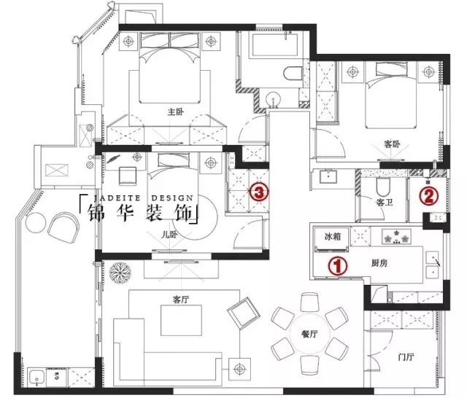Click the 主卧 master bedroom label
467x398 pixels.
coord(175,112)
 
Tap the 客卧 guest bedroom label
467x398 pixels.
coord(391,144)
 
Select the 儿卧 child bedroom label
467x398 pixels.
coord(169,235)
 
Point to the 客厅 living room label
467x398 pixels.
coord(180,300)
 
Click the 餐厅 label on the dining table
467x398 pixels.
coord(309,334)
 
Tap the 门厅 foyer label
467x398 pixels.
coord(406,356)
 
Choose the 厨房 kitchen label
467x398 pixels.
coord(379,263)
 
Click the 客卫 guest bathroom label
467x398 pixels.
coord(385,203)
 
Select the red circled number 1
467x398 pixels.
coord(338,265)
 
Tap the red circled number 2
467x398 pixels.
coord(428,196)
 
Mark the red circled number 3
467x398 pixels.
coord(259,192)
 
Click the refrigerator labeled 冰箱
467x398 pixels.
coord(332,240)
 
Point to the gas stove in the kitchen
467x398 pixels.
coord(396,236)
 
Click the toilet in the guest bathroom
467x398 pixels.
coord(383,187)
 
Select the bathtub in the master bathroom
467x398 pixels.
coord(275,45)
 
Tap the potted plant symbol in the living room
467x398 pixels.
coord(120,271)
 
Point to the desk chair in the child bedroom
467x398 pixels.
coord(128,176)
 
